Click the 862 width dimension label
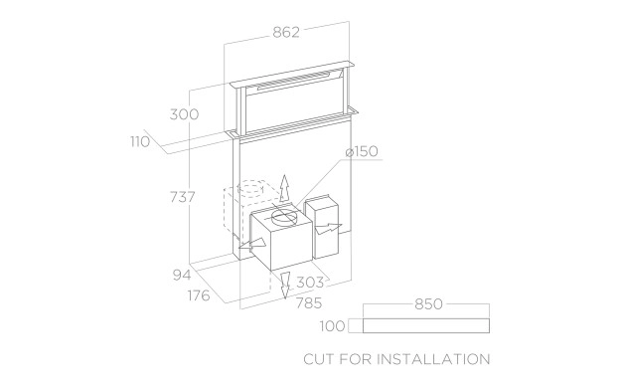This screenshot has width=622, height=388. tap(286, 32)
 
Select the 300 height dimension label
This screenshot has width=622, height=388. tap(184, 114)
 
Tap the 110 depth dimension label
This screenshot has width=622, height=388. tap(140, 142)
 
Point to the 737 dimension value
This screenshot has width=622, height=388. tap(183, 197)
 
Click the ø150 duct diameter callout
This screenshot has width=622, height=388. tap(362, 151)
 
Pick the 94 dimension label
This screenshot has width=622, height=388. tap(182, 275)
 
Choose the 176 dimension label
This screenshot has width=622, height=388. tap(199, 295)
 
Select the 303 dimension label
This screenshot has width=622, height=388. tap(310, 283)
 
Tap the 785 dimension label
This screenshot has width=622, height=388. tap(309, 303)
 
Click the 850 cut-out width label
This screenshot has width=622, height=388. tap(428, 304)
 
